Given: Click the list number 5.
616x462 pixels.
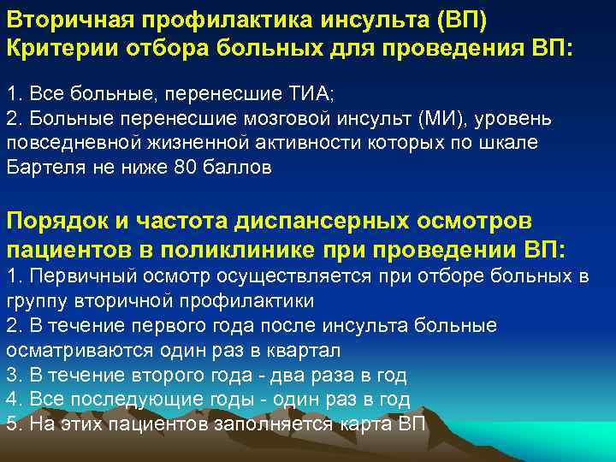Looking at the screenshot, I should (x=12, y=424).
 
